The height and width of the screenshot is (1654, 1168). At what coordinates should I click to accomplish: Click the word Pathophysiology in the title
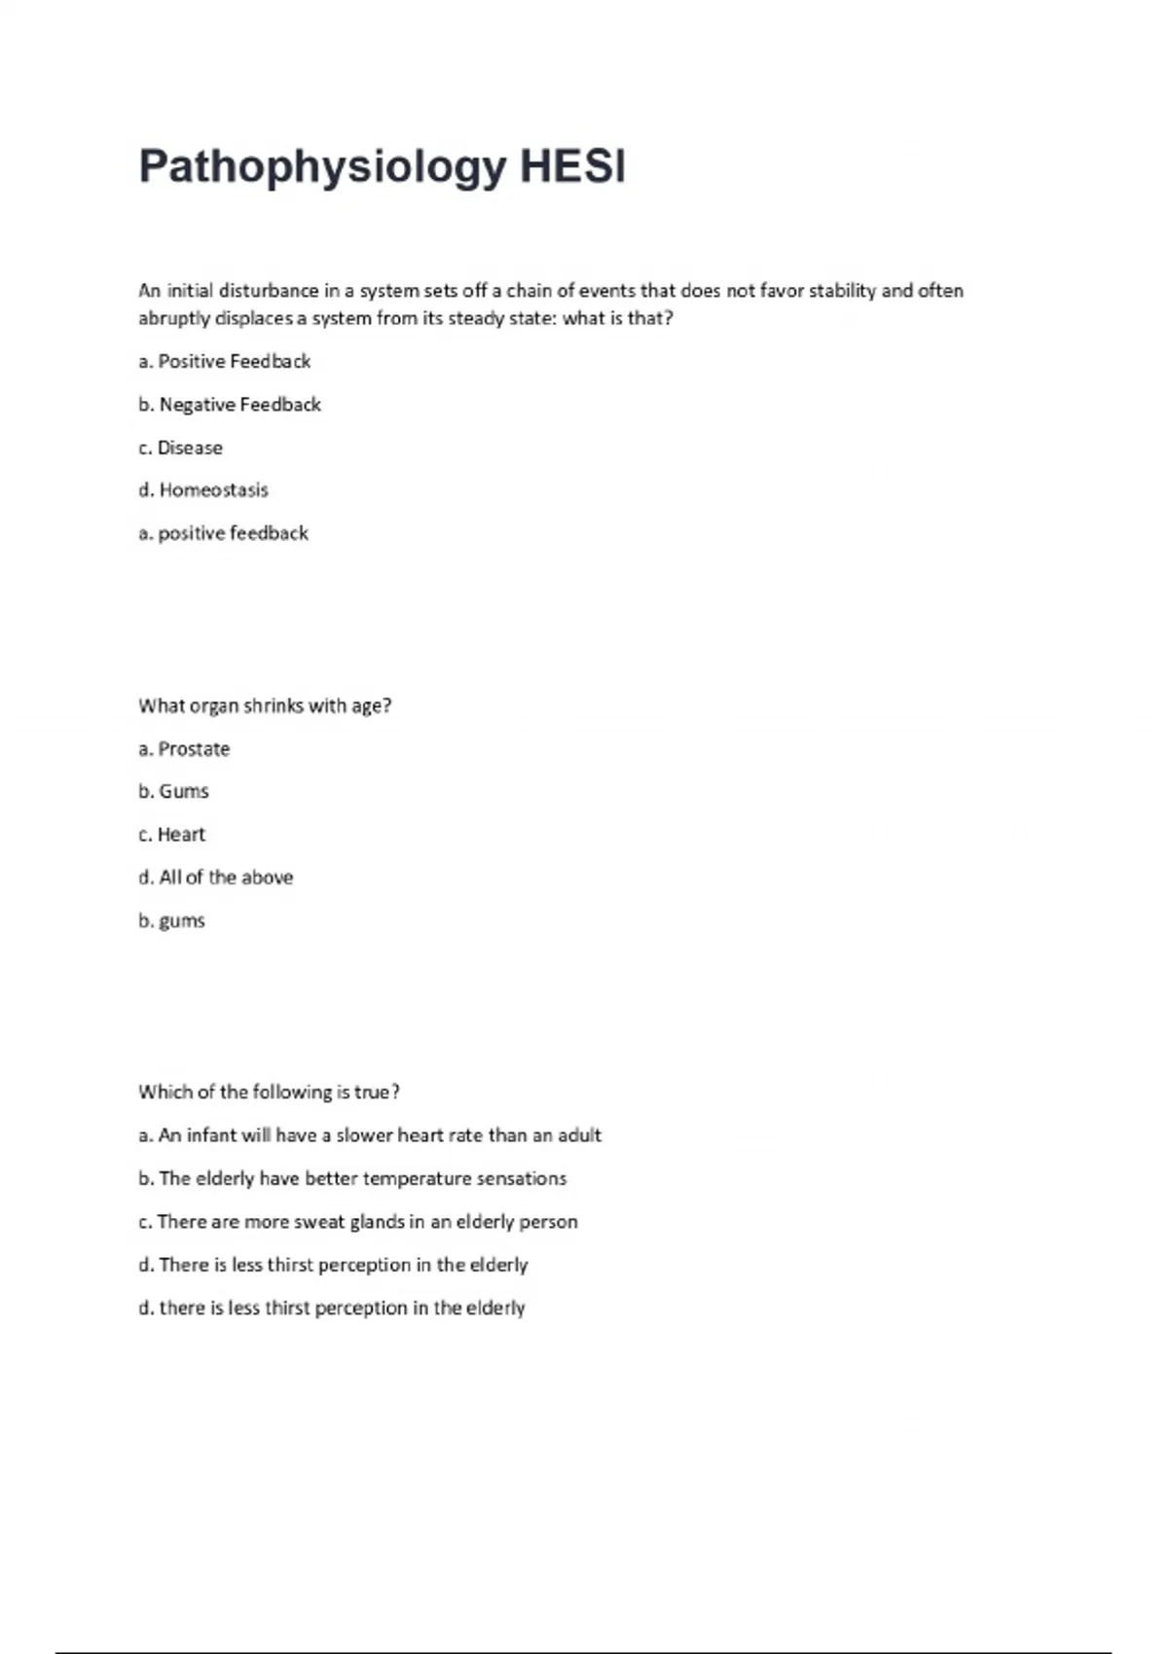coord(322,167)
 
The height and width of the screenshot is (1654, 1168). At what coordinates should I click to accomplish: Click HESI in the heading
coord(572,167)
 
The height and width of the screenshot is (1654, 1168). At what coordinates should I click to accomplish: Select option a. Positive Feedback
coord(225,362)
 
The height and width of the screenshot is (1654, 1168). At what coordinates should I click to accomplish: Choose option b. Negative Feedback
coord(230,405)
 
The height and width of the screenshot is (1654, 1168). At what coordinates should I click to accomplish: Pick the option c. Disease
coord(180,449)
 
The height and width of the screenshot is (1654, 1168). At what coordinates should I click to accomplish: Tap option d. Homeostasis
coord(203,490)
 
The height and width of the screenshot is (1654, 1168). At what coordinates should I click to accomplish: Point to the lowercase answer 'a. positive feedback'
coord(223,533)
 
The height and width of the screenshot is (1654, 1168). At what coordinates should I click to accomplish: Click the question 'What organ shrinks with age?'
coord(265,706)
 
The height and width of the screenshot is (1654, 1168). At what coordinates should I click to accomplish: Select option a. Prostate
coord(184,749)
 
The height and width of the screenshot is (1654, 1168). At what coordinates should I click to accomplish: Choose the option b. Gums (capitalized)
coord(173,792)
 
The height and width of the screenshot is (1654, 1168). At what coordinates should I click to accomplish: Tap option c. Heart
coord(171,835)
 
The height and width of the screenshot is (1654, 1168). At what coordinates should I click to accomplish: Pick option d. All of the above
coord(215,878)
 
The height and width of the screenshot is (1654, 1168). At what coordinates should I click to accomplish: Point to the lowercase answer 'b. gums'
coord(171,920)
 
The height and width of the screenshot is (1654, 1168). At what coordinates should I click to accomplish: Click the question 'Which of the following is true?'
coord(270,1093)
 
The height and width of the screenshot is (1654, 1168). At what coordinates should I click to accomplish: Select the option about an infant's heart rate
coord(370,1135)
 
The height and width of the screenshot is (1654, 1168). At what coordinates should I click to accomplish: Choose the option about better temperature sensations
coord(352,1179)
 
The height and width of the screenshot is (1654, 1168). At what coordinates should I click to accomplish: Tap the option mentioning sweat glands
coord(358,1222)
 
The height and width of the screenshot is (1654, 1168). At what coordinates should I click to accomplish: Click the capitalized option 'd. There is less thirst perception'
coord(333,1265)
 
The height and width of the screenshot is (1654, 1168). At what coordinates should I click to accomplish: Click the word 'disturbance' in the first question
coord(269,291)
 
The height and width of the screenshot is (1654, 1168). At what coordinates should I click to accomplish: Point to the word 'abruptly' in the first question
coord(173,319)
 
